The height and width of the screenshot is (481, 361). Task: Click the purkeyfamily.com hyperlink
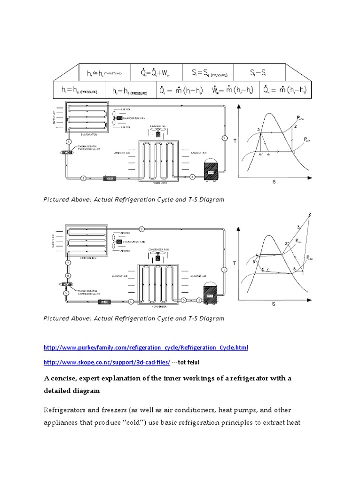pos(145,348)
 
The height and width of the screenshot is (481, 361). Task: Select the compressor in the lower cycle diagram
pos(210,294)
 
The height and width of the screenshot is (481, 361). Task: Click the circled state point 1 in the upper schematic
pos(225,138)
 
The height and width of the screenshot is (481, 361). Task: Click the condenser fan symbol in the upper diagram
pos(158,133)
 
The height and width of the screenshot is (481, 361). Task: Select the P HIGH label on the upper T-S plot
pos(301,118)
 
